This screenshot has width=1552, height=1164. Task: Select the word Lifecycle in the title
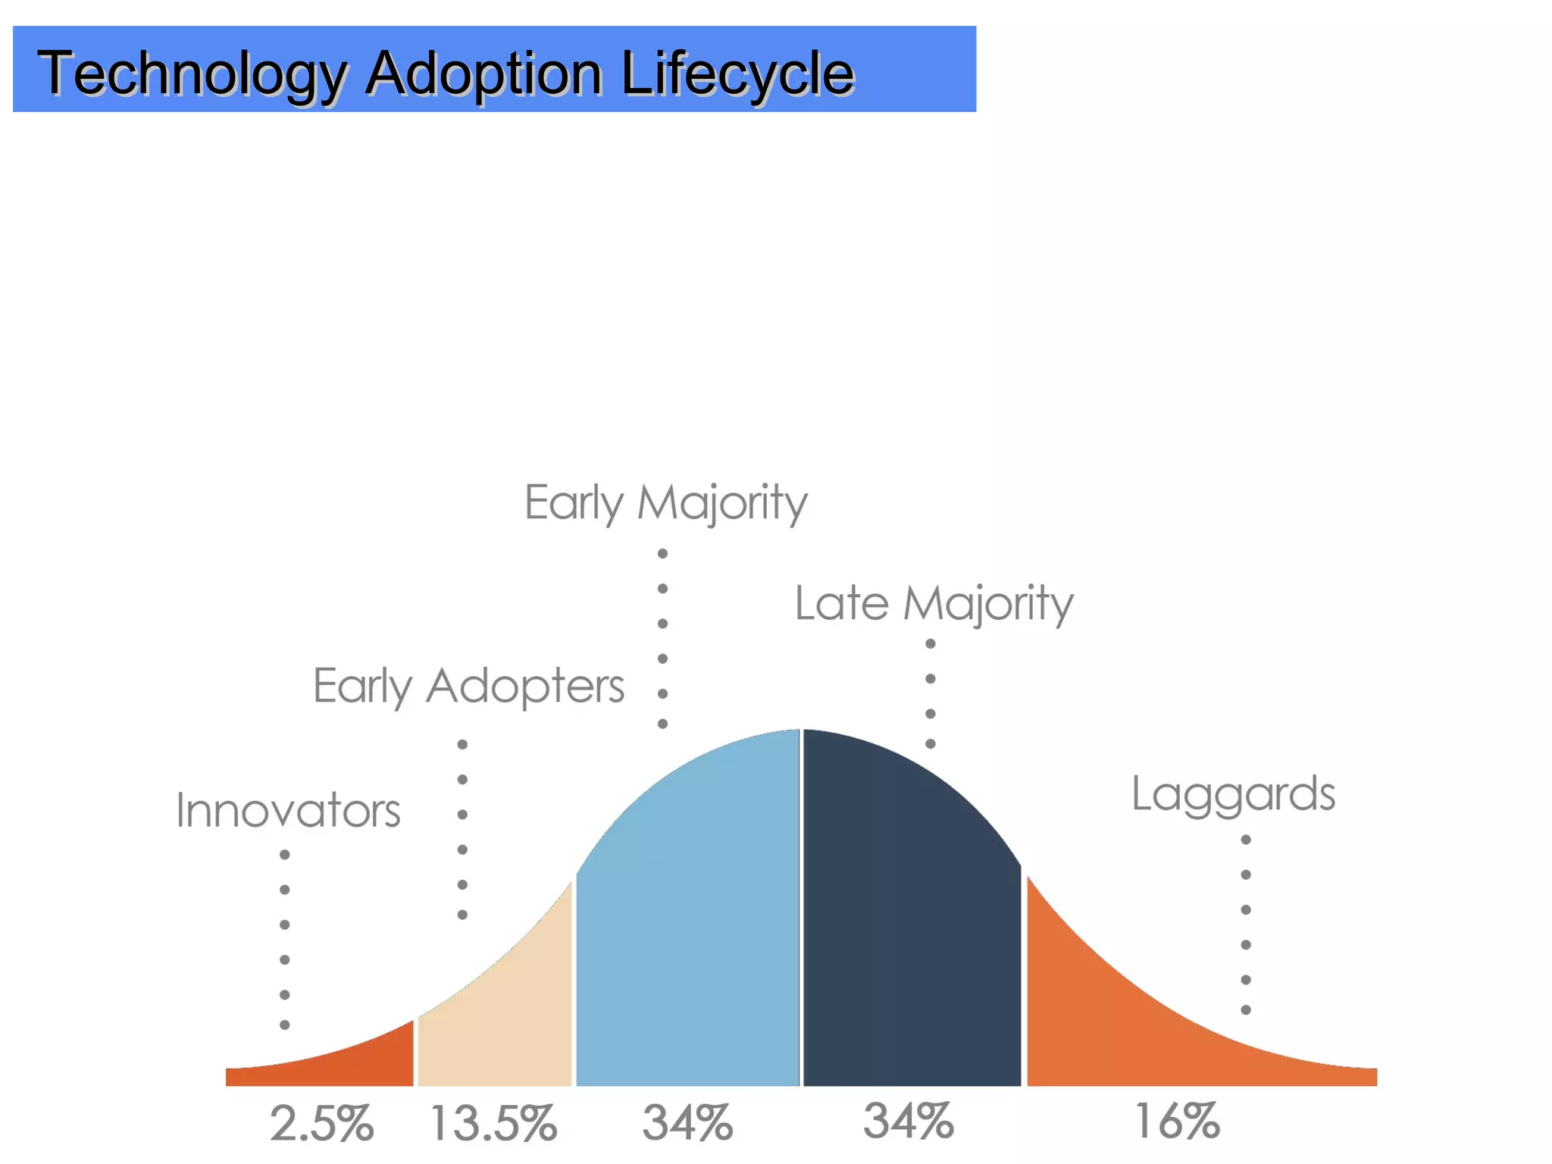[x=737, y=74]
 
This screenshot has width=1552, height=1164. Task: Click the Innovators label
[x=288, y=811]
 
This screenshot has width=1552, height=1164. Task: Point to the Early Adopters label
[x=468, y=687]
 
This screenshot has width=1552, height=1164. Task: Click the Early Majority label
[x=666, y=503]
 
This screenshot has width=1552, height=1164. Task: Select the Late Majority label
[x=934, y=604]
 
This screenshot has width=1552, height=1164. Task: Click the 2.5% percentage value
[x=322, y=1123]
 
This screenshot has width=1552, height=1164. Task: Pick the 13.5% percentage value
[x=493, y=1123]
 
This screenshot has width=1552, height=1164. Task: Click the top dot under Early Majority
[x=662, y=553]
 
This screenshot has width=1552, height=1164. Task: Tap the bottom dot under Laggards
[x=1246, y=1010]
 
